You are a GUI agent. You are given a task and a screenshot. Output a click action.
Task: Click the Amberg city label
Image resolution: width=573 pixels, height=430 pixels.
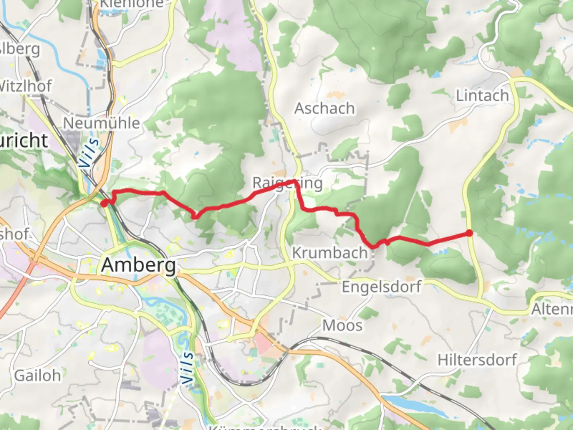click(x=138, y=265)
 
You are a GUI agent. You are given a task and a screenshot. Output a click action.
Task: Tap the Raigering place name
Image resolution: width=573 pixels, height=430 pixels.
click(x=287, y=183)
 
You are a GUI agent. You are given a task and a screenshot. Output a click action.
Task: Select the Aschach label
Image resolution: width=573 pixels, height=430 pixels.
click(x=324, y=108)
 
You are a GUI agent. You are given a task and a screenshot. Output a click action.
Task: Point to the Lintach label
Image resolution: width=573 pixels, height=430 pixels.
click(x=482, y=96)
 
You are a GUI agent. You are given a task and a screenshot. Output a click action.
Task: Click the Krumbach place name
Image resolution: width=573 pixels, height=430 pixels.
click(x=330, y=253)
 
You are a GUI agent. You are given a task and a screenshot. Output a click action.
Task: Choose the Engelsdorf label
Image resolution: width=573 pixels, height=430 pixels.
click(x=381, y=287)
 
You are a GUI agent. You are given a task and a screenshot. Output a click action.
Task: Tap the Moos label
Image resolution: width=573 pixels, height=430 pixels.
click(x=342, y=325)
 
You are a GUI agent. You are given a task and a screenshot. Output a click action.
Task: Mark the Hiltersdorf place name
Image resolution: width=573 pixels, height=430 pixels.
click(x=477, y=360)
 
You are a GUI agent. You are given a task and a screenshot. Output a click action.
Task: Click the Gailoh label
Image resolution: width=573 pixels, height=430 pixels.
click(x=37, y=375)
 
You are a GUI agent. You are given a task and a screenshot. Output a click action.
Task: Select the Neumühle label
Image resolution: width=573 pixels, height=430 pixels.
click(x=101, y=123)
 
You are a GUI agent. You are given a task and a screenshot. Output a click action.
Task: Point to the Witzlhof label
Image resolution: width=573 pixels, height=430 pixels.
click(x=25, y=86)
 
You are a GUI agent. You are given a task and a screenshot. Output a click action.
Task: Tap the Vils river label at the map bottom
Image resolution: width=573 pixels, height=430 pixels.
click(x=187, y=368)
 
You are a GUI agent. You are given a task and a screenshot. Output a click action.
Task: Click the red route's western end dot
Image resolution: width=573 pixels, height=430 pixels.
click(x=103, y=204)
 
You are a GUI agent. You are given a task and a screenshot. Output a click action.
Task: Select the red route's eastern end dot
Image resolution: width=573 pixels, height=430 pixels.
click(x=470, y=233)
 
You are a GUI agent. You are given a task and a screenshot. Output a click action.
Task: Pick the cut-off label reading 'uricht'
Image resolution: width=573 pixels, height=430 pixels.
click(x=24, y=141)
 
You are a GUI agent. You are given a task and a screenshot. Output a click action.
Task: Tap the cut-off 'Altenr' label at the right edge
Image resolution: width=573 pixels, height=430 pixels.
click(x=552, y=309)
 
